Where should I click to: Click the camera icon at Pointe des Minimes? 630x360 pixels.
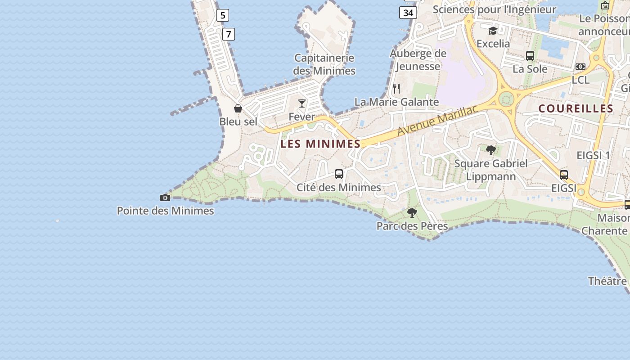(x=165, y=198)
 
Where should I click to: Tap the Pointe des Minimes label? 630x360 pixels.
(x=165, y=211)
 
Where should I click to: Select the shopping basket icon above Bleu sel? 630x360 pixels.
(x=238, y=108)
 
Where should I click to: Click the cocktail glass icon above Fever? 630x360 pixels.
(x=302, y=103)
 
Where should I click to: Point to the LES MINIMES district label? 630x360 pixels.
(x=320, y=144)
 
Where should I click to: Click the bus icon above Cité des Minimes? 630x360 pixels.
(x=339, y=174)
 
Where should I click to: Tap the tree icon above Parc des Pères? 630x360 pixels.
(x=412, y=213)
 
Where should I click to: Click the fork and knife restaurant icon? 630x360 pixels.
(x=396, y=88)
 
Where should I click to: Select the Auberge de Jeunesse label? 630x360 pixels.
(x=418, y=60)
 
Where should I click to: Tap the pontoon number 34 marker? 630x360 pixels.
(x=408, y=13)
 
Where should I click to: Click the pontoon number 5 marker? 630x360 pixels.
(x=222, y=15)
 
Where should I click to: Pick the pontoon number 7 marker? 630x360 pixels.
(x=229, y=34)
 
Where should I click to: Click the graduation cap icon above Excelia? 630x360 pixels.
(x=493, y=31)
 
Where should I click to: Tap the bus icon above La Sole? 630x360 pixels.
(x=530, y=56)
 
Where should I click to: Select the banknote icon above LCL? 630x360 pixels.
(x=580, y=67)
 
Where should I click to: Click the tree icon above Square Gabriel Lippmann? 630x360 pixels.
(x=490, y=150)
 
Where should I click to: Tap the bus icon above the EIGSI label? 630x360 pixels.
(x=564, y=175)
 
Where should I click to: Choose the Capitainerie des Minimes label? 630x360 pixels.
(x=324, y=64)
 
